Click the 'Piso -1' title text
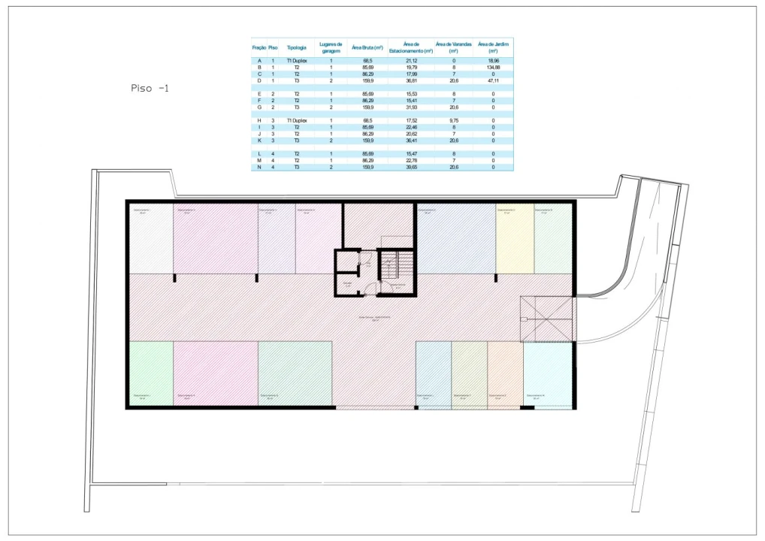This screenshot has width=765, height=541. point(150,88)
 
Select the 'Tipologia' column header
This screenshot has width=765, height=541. point(297,47)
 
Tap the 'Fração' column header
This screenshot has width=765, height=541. point(259,47)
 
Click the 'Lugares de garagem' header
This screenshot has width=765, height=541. point(331,47)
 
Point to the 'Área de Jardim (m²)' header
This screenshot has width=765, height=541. point(493,47)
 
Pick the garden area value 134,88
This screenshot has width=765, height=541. point(493,67)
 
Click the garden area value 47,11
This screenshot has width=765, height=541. point(493,80)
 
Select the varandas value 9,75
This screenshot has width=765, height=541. point(454,120)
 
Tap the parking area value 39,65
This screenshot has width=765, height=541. point(411,167)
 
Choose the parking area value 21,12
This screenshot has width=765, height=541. point(411,60)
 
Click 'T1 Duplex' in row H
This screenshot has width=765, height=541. point(297,120)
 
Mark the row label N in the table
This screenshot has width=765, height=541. point(259,167)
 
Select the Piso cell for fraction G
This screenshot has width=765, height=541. point(273,107)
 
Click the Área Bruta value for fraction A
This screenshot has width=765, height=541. point(367,60)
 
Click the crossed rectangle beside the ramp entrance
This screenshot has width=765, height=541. point(546,319)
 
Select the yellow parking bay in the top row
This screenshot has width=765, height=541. point(515,239)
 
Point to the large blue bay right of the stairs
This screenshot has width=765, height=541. point(455,239)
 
